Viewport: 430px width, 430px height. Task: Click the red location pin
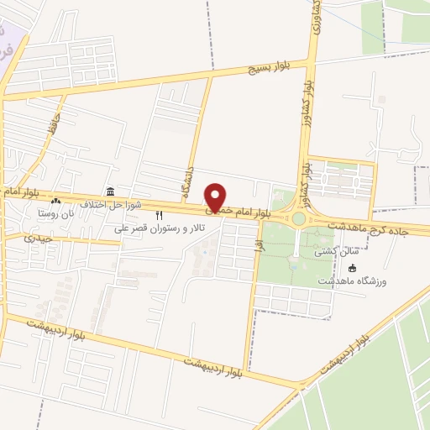click(x=216, y=198)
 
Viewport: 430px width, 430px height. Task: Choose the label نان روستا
click(x=55, y=213)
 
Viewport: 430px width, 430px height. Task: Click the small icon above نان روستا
click(x=55, y=201)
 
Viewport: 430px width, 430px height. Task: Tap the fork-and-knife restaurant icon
click(x=160, y=216)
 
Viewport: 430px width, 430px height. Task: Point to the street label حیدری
click(x=39, y=239)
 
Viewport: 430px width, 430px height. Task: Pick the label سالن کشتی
click(x=312, y=251)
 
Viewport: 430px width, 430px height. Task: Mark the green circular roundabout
click(x=297, y=219)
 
